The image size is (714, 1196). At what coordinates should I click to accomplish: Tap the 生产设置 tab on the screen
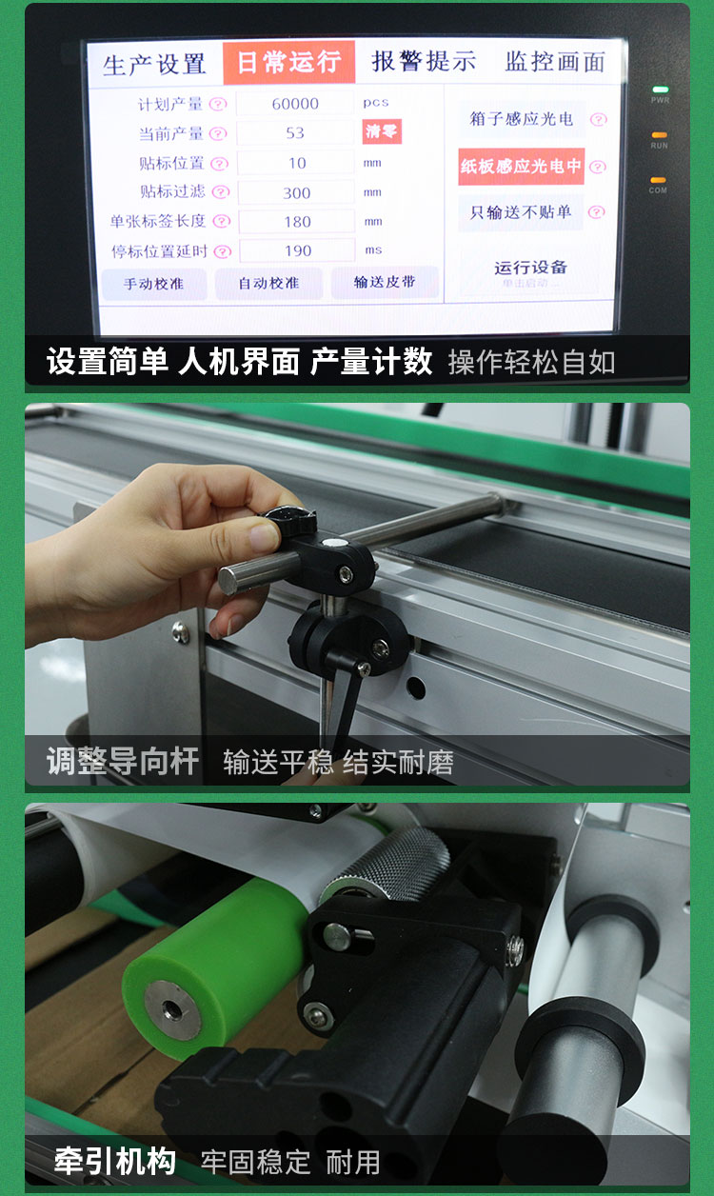[x=154, y=64]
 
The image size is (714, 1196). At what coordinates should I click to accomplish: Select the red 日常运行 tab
[x=288, y=63]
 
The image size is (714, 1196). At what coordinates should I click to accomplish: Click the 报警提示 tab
[x=424, y=62]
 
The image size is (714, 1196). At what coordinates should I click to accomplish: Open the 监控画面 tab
[x=555, y=62]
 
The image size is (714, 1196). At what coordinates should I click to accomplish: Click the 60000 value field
[x=295, y=104]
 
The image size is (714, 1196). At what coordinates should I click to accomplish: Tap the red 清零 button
[x=381, y=132]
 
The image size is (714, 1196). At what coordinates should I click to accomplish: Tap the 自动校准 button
[x=269, y=283]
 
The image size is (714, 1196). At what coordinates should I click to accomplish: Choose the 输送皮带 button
[x=385, y=282]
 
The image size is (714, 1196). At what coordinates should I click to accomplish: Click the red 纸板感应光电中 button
[x=521, y=166]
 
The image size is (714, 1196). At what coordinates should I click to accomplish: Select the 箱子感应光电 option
[x=521, y=119]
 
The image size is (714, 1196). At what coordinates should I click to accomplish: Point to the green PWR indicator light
[x=660, y=90]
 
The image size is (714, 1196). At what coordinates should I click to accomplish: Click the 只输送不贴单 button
[x=521, y=212]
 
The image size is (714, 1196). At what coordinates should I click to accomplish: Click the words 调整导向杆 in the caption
[x=123, y=761]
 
